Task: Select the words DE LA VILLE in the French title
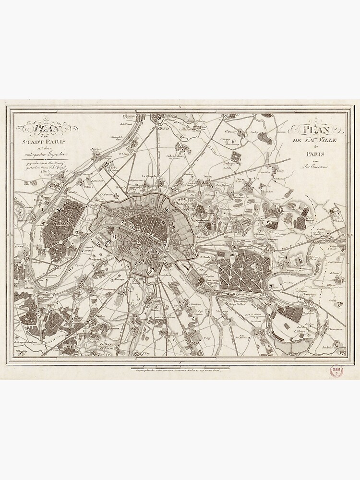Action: click(314, 140)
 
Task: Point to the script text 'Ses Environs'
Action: click(315, 166)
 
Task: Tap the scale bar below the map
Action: click(180, 368)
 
